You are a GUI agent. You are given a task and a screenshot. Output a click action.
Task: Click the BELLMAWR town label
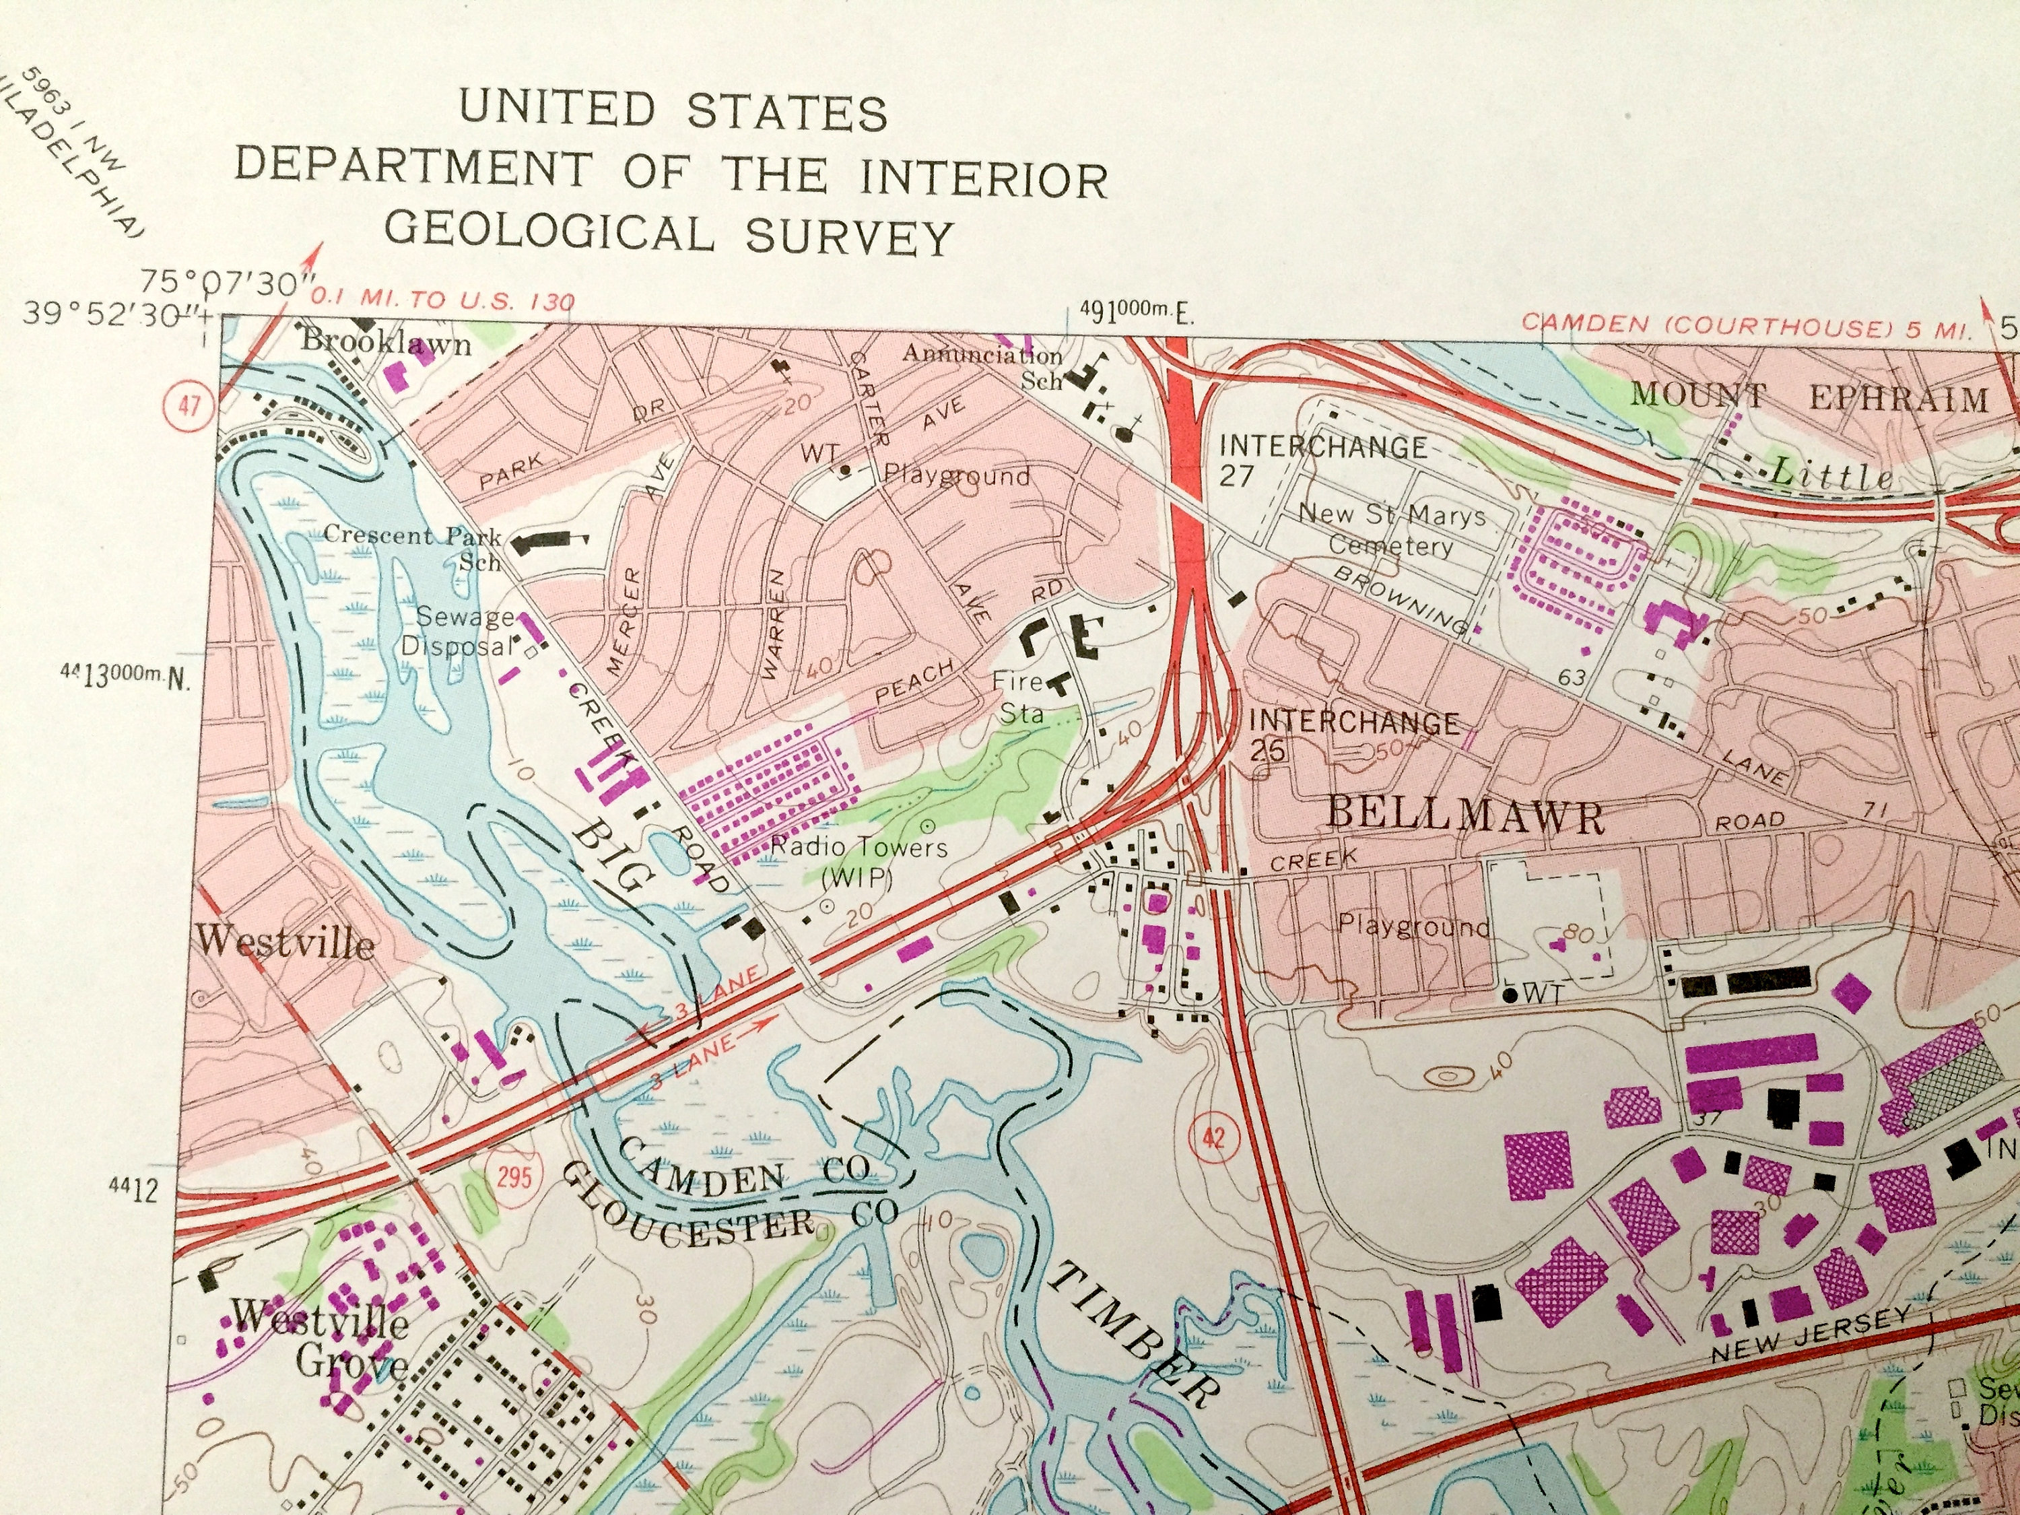point(1464,815)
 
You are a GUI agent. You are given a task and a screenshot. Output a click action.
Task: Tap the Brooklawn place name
point(386,343)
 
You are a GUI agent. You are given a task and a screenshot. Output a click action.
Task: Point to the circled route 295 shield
point(514,1174)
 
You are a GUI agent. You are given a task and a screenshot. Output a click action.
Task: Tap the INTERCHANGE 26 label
point(1351,734)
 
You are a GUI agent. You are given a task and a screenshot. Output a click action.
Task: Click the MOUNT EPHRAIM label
point(1808,397)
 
